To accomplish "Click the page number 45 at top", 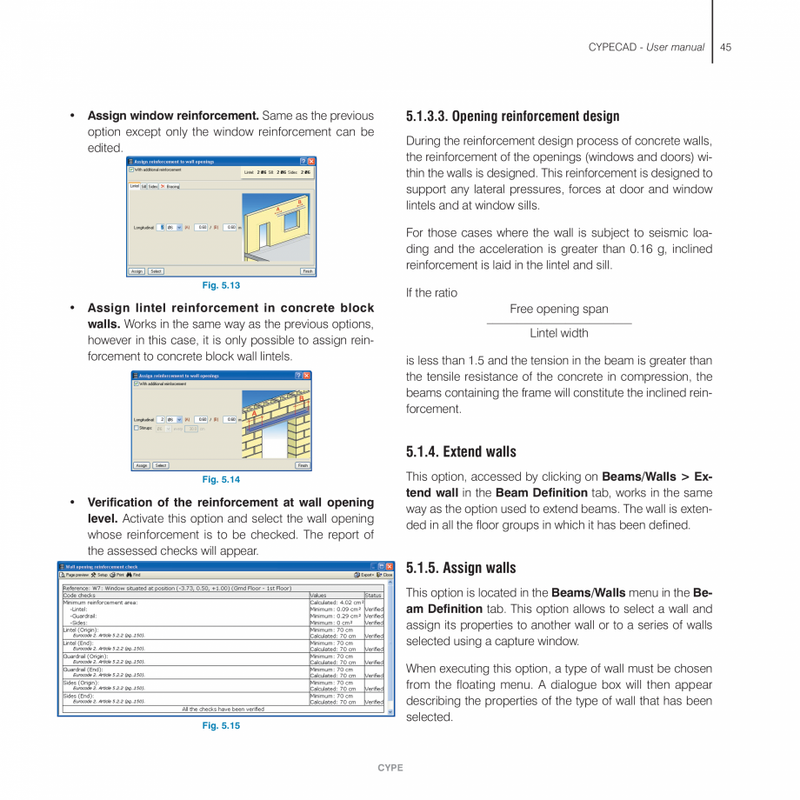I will (725, 47).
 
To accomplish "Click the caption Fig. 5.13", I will (221, 285).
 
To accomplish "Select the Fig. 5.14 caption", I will (221, 479).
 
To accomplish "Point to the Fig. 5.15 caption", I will (221, 725).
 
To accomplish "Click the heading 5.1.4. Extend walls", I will (461, 451).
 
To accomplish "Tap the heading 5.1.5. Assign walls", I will (461, 568).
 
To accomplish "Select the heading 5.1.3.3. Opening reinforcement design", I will (513, 116).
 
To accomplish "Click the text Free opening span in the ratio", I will (559, 309).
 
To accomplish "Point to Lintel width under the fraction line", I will (559, 333).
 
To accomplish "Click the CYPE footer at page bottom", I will (390, 768).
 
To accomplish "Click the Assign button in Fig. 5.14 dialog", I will (141, 465).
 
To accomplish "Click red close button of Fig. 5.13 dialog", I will (311, 162).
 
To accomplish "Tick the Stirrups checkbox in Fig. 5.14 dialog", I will (137, 428).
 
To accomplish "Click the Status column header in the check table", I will (373, 596).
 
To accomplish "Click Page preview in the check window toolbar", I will (75, 575).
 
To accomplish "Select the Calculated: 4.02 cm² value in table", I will (335, 602).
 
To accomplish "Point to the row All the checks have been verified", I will (223, 709).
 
